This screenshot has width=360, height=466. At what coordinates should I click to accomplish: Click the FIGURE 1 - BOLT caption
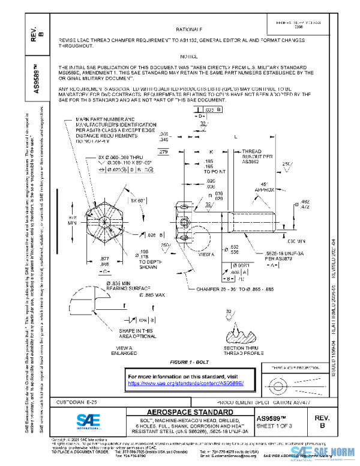190,363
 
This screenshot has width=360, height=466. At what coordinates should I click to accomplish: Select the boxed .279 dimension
164,152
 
